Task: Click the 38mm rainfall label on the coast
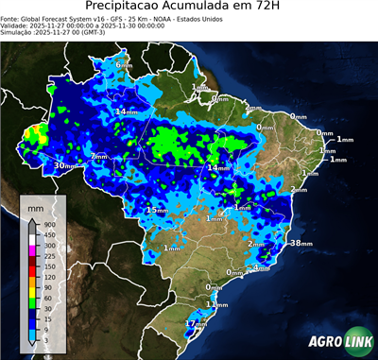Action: pos(300,243)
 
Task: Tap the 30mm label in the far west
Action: pos(64,165)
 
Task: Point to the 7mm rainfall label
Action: pos(99,156)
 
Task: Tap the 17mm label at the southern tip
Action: pos(195,324)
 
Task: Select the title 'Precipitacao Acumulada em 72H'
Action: pos(189,7)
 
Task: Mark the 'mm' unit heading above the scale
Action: pos(36,204)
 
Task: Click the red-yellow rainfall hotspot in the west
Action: pos(38,135)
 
